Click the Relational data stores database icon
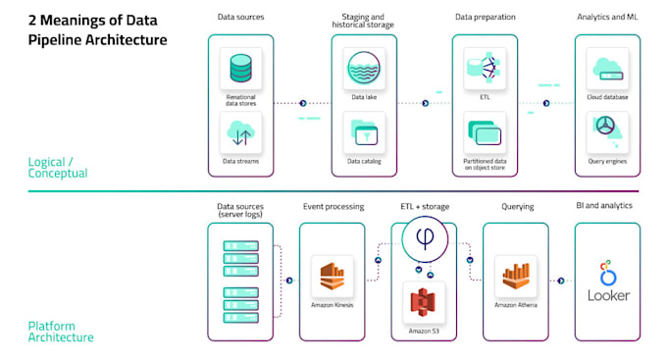point(240,71)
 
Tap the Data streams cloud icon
point(240,134)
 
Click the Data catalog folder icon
point(364,134)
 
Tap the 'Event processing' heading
point(332,207)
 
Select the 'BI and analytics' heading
point(604,206)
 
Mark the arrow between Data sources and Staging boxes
point(302,102)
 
